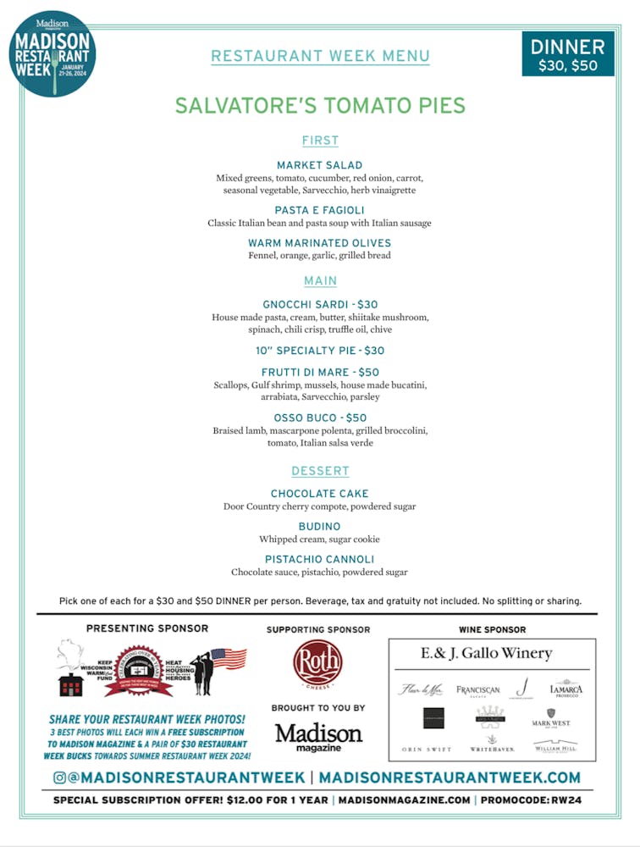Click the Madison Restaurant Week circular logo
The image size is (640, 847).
pos(52,53)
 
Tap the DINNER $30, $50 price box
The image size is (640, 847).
pos(567,53)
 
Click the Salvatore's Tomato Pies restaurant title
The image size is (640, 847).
pos(320,106)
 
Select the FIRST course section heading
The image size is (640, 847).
pos(320,141)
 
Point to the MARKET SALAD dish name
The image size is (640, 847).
pos(320,165)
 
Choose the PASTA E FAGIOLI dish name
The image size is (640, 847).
pos(320,210)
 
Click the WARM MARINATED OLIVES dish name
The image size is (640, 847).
pos(320,243)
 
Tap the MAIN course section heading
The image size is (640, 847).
pos(320,280)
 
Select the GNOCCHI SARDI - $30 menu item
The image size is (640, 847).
pos(320,305)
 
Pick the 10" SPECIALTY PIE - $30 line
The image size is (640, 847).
pos(320,351)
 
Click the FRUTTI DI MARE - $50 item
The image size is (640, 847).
pos(320,373)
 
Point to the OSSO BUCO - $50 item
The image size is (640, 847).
pos(320,418)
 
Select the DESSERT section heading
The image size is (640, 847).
pos(320,471)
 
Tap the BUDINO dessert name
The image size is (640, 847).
pos(320,527)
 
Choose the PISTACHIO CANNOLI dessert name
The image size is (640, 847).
pos(320,560)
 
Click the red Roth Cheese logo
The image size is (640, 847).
pos(318,663)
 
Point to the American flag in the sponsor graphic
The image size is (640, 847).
pos(229,658)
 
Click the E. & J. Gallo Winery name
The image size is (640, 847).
pos(486,653)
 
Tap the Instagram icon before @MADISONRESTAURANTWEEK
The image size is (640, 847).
pos(59,778)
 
